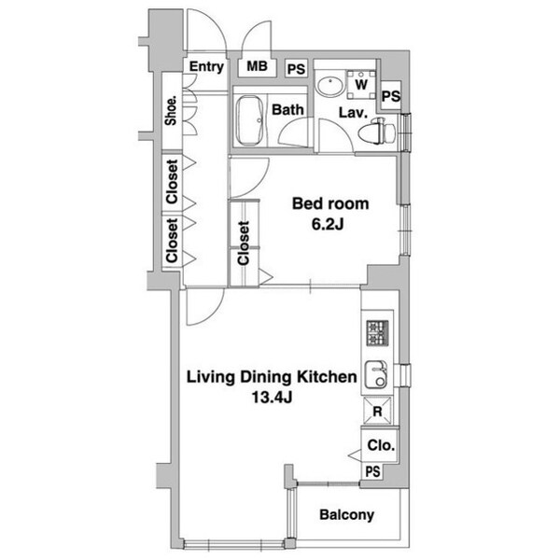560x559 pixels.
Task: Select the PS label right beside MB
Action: point(296,69)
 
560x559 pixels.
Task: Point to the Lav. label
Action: point(351,113)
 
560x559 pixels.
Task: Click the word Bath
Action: point(288,109)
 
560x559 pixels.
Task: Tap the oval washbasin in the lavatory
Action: point(329,86)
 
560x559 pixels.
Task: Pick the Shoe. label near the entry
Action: point(172,110)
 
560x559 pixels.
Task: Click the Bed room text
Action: point(330,203)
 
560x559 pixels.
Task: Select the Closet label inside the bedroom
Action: point(244,243)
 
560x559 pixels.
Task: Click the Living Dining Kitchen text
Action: point(272,378)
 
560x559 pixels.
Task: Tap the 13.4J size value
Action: point(272,399)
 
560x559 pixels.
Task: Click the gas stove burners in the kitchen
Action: point(377,331)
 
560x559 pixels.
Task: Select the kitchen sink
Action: point(375,377)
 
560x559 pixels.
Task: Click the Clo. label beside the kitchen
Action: point(380,446)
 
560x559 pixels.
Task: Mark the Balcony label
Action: point(346,515)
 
